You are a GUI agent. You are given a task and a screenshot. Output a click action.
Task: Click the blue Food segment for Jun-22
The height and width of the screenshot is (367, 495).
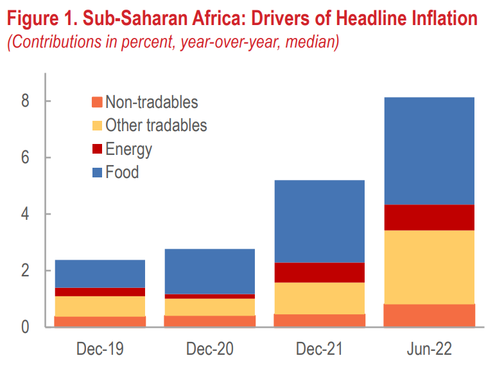click(x=430, y=151)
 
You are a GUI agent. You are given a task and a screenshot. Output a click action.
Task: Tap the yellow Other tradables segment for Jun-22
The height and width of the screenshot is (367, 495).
click(x=430, y=267)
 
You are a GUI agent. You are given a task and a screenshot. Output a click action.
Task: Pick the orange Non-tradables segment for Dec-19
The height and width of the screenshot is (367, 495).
click(x=100, y=321)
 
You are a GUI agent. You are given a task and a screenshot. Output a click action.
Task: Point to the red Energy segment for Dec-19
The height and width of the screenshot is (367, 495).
click(x=100, y=292)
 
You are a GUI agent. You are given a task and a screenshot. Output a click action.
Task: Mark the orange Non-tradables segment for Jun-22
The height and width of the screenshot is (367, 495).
click(x=430, y=315)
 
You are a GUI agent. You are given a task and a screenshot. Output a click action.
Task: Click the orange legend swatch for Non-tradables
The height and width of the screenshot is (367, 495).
click(x=97, y=102)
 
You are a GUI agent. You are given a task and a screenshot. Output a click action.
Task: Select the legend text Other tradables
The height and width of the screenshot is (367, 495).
click(x=156, y=125)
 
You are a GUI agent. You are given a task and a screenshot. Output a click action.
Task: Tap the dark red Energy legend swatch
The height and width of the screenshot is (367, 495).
click(x=97, y=149)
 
